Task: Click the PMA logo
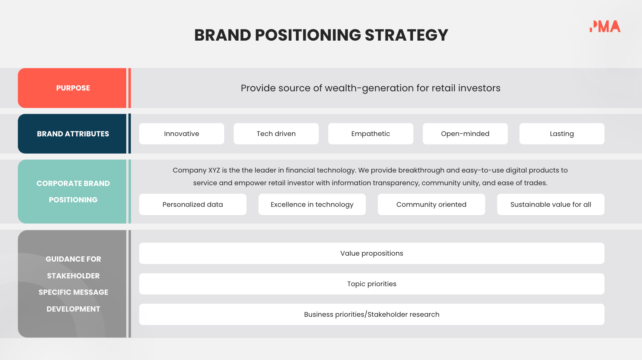pyautogui.click(x=605, y=26)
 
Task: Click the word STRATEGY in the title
pyautogui.click(x=406, y=35)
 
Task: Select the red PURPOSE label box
pyautogui.click(x=73, y=88)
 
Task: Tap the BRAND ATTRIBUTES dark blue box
pyautogui.click(x=73, y=134)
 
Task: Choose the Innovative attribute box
pyautogui.click(x=181, y=134)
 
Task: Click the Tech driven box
pyautogui.click(x=276, y=134)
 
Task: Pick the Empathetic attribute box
pyautogui.click(x=371, y=134)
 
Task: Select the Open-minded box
pyautogui.click(x=465, y=134)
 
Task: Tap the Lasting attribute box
pyautogui.click(x=562, y=134)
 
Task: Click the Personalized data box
pyautogui.click(x=193, y=204)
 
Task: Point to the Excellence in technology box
pyautogui.click(x=312, y=204)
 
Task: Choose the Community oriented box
pyautogui.click(x=431, y=204)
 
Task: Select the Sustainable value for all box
pyautogui.click(x=550, y=204)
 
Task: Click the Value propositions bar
pyautogui.click(x=372, y=253)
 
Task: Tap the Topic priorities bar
pyautogui.click(x=372, y=284)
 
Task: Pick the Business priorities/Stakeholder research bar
pyautogui.click(x=372, y=315)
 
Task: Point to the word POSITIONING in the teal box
pyautogui.click(x=73, y=200)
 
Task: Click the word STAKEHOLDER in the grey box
pyautogui.click(x=73, y=276)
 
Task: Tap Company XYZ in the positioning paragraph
pyautogui.click(x=196, y=170)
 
